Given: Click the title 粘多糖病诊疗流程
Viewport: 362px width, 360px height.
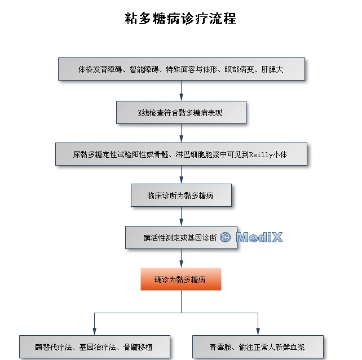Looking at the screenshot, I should click(x=180, y=19).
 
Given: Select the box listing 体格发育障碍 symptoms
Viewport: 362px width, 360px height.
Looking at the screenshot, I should click(x=181, y=69).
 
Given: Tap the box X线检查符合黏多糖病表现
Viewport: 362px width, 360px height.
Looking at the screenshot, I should click(x=181, y=112).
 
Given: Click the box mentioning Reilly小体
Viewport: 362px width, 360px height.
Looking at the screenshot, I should click(x=181, y=154).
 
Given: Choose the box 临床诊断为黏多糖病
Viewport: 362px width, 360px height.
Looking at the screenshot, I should click(x=181, y=195).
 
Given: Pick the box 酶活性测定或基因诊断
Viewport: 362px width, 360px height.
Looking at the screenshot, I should click(x=180, y=237).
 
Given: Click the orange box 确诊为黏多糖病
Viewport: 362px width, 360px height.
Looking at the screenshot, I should click(x=180, y=279).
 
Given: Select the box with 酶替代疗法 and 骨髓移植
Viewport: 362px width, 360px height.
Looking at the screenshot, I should click(x=94, y=346).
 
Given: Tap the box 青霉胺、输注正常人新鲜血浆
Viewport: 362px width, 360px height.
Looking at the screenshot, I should click(x=258, y=346).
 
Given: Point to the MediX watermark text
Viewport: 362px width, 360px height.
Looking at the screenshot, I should click(x=259, y=237).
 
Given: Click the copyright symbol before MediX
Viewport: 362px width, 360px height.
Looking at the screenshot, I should click(x=226, y=237).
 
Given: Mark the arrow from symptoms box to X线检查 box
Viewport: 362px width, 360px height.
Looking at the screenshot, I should click(x=181, y=91).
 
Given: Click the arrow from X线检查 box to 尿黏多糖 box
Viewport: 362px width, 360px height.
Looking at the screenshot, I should click(x=181, y=133).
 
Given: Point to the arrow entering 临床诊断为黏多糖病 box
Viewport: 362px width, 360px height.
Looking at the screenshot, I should click(x=181, y=175).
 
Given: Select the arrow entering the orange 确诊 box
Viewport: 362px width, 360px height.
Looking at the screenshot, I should click(x=181, y=259).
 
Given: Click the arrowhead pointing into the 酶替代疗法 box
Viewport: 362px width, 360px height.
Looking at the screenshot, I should click(x=94, y=332).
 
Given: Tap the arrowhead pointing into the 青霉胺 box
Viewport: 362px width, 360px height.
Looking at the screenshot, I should click(x=258, y=332).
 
